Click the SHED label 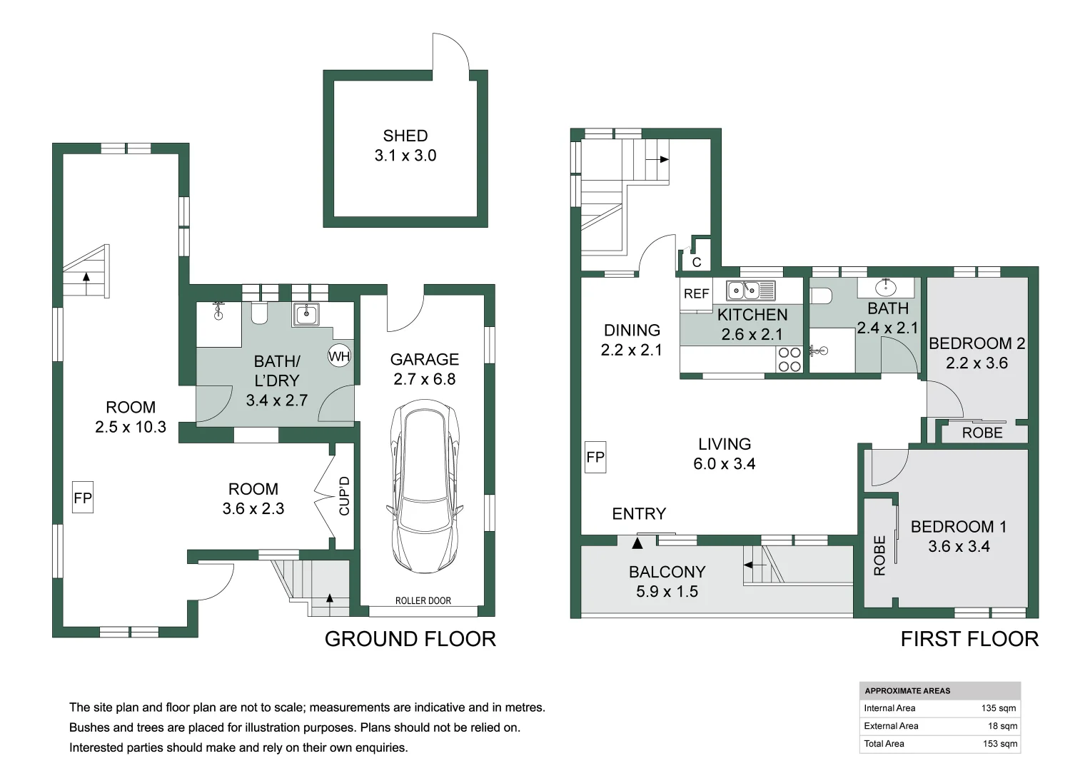tap(405, 136)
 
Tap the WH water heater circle tap(339, 356)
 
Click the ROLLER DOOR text tap(423, 600)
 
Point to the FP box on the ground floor tap(83, 498)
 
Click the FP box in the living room tap(595, 457)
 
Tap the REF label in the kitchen tap(696, 293)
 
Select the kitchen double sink tap(743, 291)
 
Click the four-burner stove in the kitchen tap(789, 359)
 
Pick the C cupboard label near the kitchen tap(697, 262)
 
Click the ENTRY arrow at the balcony tap(637, 543)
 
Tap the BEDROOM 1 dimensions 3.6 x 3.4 tap(959, 547)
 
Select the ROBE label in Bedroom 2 tap(982, 433)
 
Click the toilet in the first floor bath tap(822, 295)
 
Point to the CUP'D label tap(345, 495)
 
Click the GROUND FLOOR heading tap(410, 639)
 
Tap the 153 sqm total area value tap(999, 744)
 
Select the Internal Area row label tap(889, 708)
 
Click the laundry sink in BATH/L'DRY tap(307, 314)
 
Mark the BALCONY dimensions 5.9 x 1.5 tap(667, 592)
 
